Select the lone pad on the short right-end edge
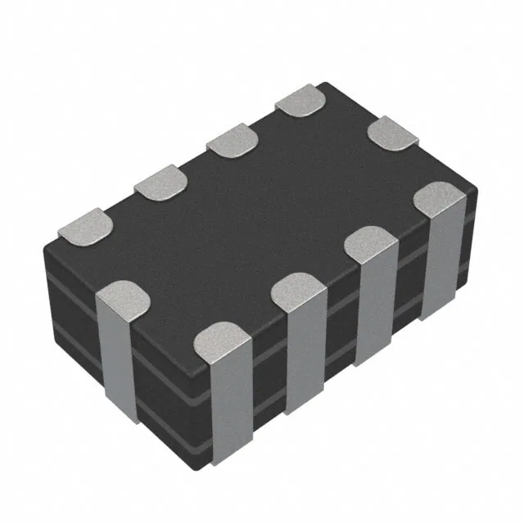392,133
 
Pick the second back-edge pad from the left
160,182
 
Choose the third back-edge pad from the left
232,140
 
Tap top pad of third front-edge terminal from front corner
372,242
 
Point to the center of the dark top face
262,221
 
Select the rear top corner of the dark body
327,83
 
